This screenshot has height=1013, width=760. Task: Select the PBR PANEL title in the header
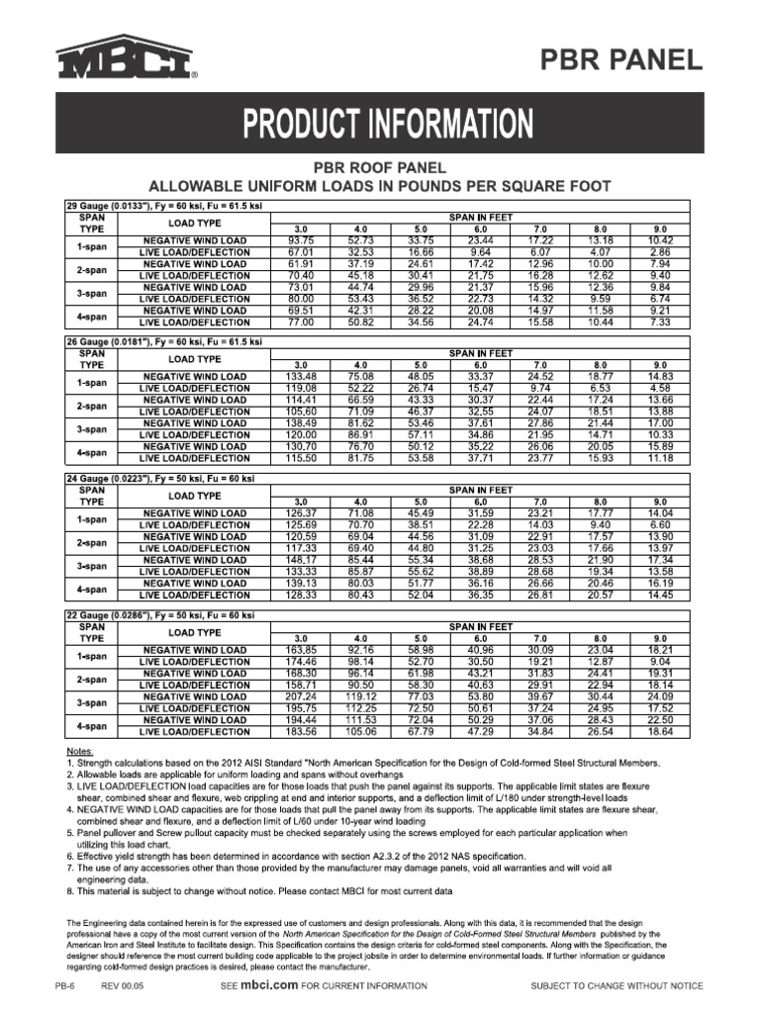click(620, 60)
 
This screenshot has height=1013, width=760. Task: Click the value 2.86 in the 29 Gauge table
click(660, 252)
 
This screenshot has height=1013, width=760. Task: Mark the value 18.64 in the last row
click(660, 731)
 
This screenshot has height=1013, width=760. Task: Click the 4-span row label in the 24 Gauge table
click(92, 589)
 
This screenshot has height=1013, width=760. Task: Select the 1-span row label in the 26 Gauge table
click(92, 383)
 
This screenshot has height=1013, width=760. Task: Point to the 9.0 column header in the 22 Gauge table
click(660, 638)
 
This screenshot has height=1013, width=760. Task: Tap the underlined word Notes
click(80, 753)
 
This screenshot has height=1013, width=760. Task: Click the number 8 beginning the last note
click(69, 890)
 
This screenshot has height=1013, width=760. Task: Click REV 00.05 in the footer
click(123, 986)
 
